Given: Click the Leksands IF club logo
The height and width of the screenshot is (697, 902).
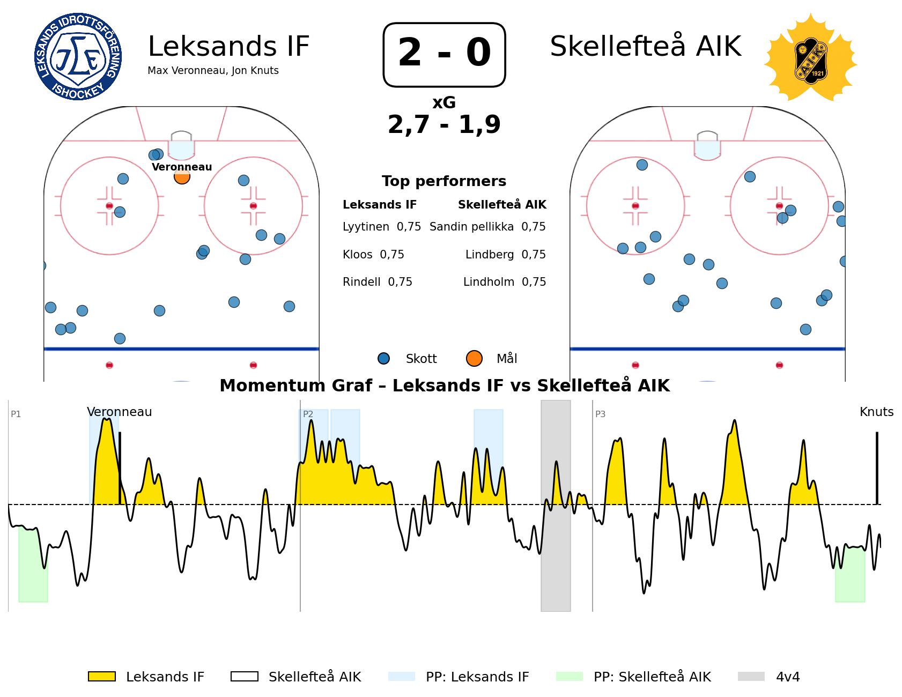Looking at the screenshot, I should coord(78,57).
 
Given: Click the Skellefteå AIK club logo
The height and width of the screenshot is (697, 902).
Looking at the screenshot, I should coord(810,58).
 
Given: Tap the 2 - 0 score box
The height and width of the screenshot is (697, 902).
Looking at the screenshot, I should coord(444,54).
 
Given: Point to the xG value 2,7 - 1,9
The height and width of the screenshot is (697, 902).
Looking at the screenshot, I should coord(444,124).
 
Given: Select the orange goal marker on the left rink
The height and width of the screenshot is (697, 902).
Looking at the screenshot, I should coord(182,176).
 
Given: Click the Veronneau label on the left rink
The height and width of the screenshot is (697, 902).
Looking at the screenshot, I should coord(182,167).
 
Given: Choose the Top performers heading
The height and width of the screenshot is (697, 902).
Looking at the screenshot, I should coord(444,181).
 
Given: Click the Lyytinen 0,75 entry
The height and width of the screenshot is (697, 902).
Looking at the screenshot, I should coord(382,227).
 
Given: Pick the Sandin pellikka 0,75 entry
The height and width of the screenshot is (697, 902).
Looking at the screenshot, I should coord(487,227).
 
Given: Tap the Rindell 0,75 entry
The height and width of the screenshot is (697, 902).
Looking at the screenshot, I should coord(378,282).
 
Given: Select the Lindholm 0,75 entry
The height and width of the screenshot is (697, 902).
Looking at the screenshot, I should coord(505,282).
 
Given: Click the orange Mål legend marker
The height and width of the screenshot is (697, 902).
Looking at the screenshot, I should coord(474,358).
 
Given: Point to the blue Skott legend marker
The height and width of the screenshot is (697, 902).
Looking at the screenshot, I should coord(383,358).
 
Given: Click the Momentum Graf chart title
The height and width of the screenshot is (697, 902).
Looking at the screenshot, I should coord(445,385).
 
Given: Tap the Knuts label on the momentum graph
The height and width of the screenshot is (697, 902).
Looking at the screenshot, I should coord(876,412).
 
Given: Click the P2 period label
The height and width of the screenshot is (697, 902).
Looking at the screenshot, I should coord(308,414).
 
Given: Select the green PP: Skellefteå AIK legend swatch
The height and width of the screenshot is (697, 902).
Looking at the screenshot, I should coord(570,677).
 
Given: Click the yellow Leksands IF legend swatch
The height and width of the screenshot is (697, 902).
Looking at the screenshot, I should coord(102,677).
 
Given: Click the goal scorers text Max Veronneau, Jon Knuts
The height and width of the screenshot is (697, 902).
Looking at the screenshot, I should coord(213,71).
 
